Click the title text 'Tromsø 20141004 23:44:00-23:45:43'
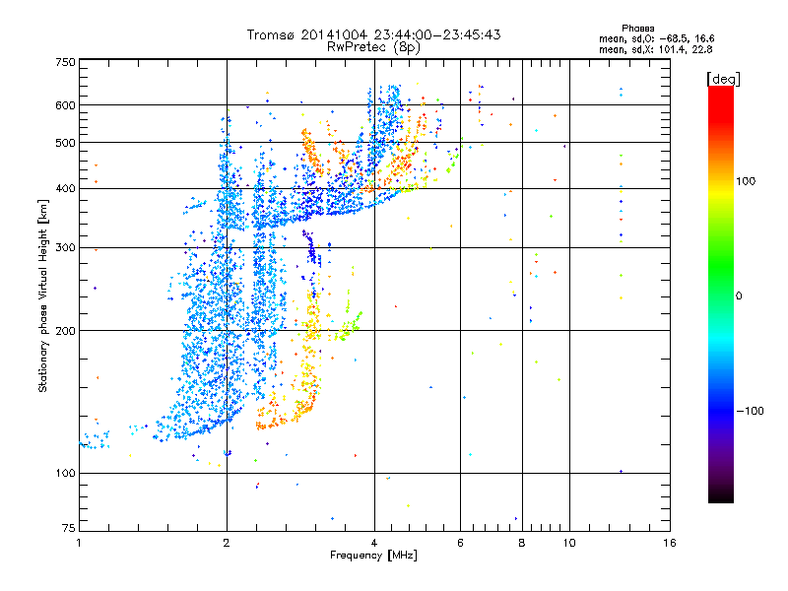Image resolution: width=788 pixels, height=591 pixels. pos(373,34)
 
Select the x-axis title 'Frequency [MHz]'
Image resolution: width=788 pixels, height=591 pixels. pos(373,556)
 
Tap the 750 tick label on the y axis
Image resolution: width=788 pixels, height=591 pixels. pos(65,62)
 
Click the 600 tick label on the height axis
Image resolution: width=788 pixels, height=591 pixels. pos(65,104)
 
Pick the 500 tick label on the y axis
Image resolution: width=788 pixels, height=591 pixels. pos(65,143)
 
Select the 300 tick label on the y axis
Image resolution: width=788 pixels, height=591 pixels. pos(65,247)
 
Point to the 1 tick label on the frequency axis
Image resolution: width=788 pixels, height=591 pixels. pos(79,543)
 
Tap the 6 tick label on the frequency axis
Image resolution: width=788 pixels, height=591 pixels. pos(461,543)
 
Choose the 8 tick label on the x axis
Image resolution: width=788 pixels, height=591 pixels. pos(522,543)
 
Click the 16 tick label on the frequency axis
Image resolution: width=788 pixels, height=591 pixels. pos(670,543)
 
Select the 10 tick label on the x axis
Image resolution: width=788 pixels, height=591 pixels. pos(569,543)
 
